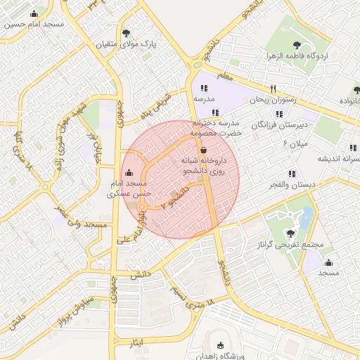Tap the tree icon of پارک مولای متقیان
[126, 33]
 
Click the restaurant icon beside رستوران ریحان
[254, 89]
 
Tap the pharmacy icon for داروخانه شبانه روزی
[203, 150]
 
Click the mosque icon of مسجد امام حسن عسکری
[128, 173]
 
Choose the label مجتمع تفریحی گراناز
[290, 245]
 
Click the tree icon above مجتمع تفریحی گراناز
[290, 233]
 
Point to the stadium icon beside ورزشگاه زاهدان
[221, 345]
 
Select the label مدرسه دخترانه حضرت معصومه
[218, 127]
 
